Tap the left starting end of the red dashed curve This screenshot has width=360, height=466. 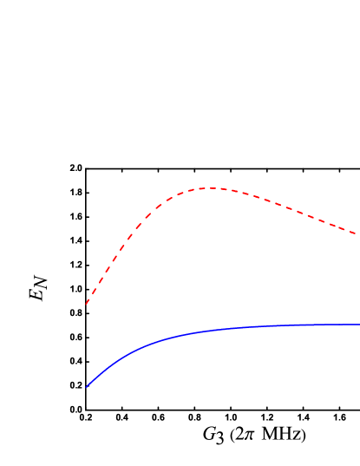[87, 304]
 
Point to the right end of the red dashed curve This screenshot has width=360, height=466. [355, 233]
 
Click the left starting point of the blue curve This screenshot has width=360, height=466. [87, 387]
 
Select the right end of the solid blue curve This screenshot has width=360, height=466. [358, 325]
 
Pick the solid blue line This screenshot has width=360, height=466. [217, 329]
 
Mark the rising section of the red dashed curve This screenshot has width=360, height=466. [121, 246]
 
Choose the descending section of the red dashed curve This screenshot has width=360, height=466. [286, 207]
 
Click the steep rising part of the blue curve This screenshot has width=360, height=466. [104, 368]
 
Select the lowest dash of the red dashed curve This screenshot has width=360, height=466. [88, 300]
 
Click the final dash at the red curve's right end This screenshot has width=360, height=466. [351, 232]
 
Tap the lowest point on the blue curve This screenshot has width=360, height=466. [87, 387]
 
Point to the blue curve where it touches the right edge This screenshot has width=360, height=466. [358, 325]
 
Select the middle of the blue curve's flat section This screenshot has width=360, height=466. [286, 325]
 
